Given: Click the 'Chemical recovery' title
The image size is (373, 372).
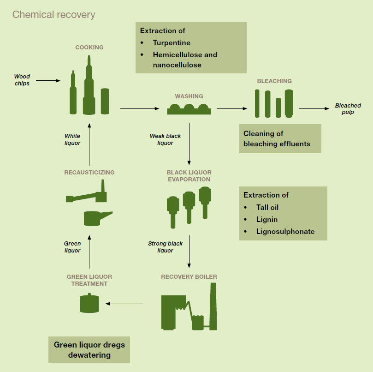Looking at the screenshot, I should point(53,14).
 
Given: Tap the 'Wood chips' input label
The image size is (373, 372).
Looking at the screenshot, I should point(22,80).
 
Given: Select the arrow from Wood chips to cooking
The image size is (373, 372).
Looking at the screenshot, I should point(48,81).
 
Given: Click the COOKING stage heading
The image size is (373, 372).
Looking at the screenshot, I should point(89,47).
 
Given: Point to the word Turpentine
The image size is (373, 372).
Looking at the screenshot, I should point(172,43).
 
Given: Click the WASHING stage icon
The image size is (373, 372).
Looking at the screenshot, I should point(189,109).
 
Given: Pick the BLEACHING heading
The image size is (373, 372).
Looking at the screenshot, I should point(274,81).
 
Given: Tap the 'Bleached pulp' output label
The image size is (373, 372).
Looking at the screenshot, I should point(348,108).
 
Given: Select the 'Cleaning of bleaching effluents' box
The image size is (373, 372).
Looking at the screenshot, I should point(280,138).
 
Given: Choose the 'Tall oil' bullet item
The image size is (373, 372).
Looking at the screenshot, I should point(267,207).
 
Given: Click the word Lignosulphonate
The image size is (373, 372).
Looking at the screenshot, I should point(285,231).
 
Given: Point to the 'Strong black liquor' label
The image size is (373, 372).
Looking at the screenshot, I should point(165,247).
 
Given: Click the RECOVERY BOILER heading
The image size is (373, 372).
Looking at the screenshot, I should point(189,277).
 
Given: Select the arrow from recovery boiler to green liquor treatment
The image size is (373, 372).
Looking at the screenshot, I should point(124,304).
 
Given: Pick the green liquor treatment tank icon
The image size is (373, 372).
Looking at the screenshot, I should point(89,303).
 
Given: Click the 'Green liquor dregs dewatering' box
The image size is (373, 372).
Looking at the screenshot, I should point(89,350).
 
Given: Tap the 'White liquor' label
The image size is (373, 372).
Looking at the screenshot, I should point(72,139).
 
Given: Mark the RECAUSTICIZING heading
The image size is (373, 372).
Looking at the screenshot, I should point(89,173).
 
